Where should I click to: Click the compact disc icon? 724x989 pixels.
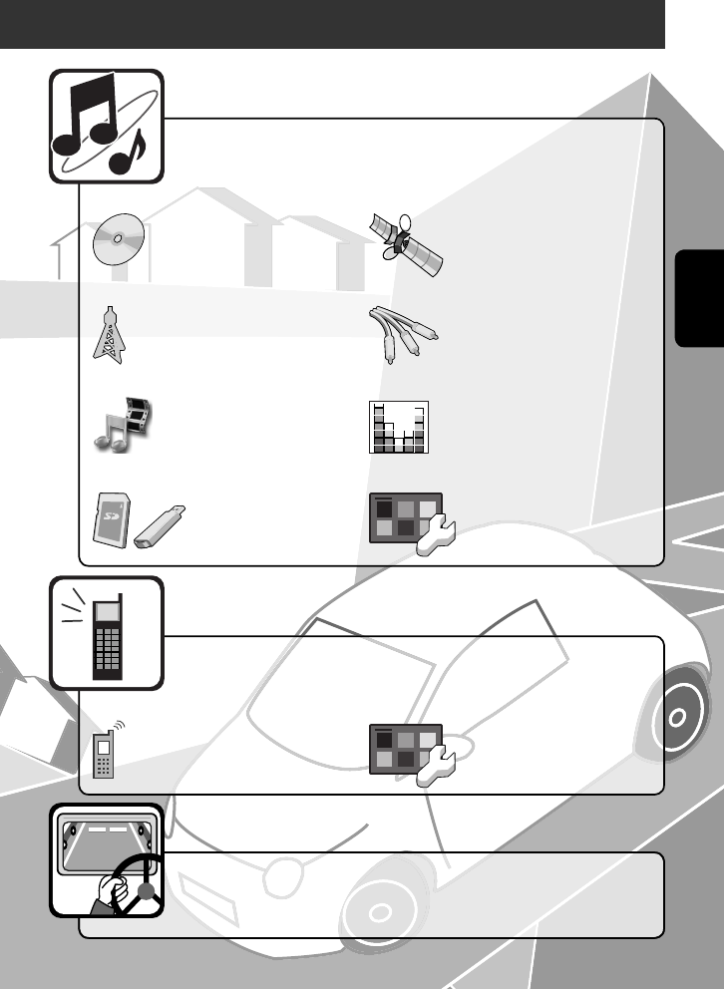click(x=119, y=239)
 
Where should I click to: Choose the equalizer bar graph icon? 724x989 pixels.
click(x=400, y=428)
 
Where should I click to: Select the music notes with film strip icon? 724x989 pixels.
click(x=121, y=422)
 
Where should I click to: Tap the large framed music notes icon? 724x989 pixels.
click(x=106, y=125)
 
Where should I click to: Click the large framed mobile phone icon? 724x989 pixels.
click(x=108, y=636)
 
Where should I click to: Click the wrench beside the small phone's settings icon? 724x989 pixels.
click(x=436, y=768)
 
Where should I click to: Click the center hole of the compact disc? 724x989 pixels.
click(x=119, y=239)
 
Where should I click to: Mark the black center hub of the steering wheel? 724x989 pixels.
click(x=149, y=893)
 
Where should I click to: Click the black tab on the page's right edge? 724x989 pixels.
click(x=698, y=299)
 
